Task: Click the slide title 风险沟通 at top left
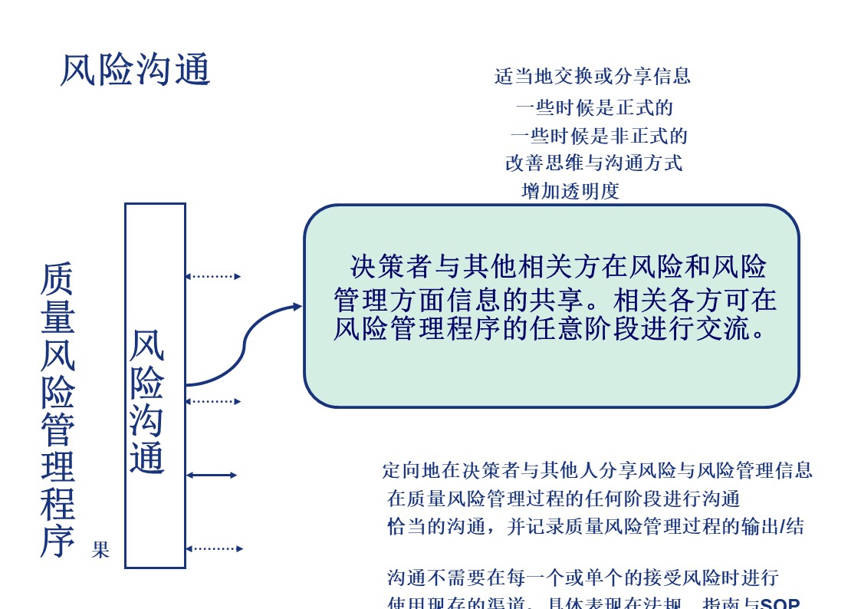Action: click(135, 71)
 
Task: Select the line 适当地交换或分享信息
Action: click(592, 76)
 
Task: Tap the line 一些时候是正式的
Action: click(594, 107)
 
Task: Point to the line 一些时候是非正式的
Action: click(599, 137)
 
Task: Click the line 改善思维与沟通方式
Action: click(593, 163)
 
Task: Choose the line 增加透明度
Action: click(570, 192)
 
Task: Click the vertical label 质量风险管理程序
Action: click(58, 410)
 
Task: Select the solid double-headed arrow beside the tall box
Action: click(212, 476)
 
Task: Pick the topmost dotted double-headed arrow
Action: click(213, 276)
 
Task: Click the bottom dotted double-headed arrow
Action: click(214, 548)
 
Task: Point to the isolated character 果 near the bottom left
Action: click(100, 550)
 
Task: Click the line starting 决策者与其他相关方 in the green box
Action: click(558, 266)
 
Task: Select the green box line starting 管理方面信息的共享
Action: click(556, 298)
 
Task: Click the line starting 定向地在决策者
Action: click(597, 470)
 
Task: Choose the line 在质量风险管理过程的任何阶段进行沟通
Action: click(564, 499)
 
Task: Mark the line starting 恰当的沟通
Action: click(596, 527)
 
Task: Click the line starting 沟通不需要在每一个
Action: click(583, 578)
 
